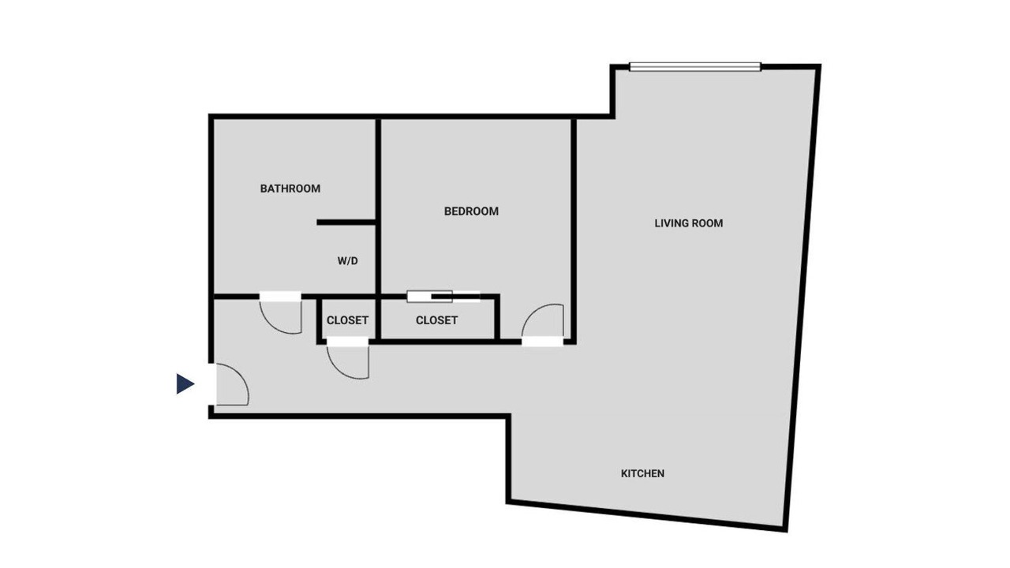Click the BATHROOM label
point(290,189)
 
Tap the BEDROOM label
point(471,211)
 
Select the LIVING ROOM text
point(689,223)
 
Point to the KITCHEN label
point(642,473)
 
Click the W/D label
point(348,261)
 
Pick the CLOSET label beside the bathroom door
point(347,320)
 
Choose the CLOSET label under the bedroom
point(436,320)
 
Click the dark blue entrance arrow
point(185,383)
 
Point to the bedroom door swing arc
point(534,311)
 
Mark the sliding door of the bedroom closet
point(443,296)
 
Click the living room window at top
point(695,67)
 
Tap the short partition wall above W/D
point(346,222)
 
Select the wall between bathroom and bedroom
point(378,205)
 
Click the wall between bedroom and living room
point(574,230)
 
